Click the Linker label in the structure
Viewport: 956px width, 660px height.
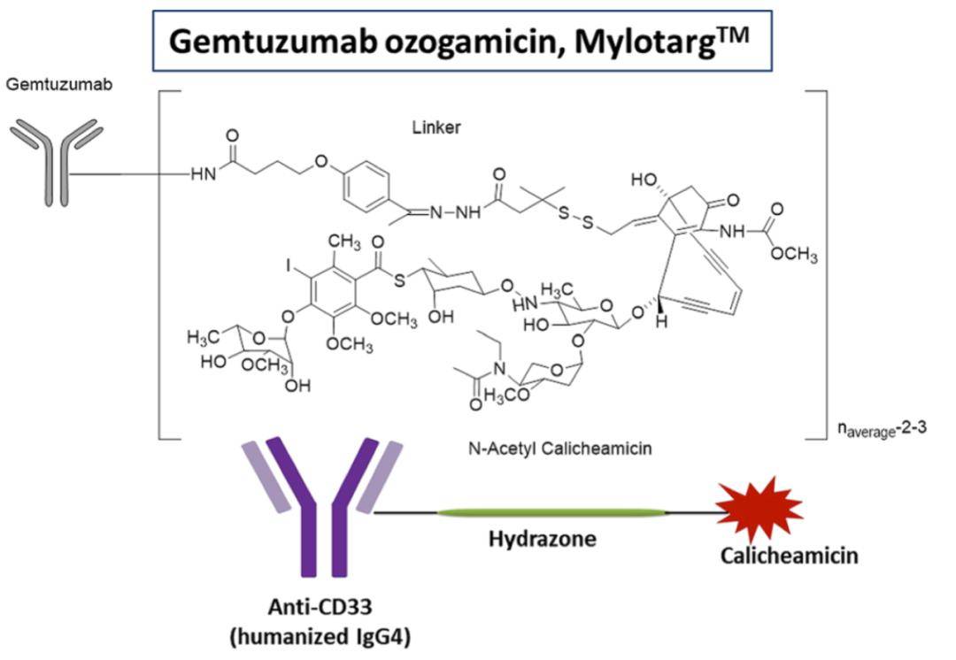[x=436, y=128]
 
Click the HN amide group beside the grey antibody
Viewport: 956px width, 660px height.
[x=204, y=174]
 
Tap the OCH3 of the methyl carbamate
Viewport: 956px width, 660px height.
[x=793, y=257]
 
